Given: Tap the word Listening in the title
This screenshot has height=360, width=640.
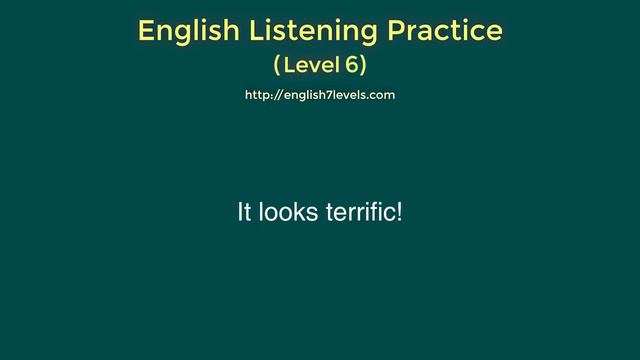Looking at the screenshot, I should click(305, 31).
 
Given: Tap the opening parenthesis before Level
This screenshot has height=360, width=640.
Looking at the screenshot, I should click(277, 67).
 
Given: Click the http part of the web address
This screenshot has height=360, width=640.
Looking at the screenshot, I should click(257, 95).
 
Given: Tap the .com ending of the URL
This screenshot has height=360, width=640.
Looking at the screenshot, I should click(380, 95).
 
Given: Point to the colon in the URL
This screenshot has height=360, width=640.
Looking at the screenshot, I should click(271, 96).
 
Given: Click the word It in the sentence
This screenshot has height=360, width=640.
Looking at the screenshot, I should click(244, 213).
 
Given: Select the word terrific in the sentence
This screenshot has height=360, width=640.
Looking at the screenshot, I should click(360, 213).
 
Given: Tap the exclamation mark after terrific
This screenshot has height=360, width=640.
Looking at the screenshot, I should click(400, 213).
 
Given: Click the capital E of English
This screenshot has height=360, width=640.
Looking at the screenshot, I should click(146, 31).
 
